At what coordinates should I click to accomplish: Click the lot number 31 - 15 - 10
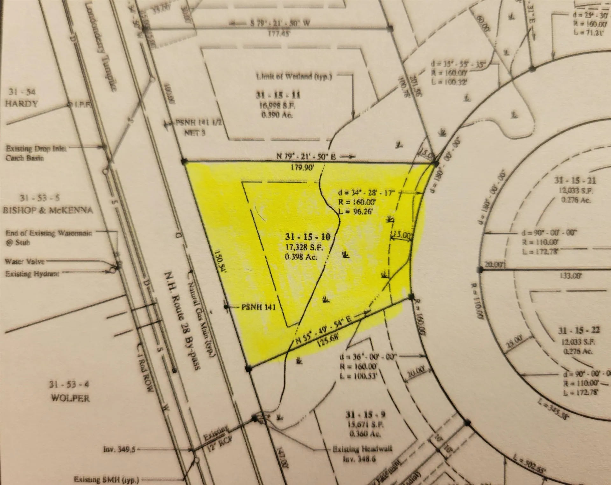[307, 237]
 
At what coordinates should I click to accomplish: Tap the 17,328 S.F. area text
[305, 247]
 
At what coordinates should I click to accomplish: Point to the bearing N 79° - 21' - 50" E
[306, 156]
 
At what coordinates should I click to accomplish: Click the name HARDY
[21, 104]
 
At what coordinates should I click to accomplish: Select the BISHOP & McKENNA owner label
[48, 210]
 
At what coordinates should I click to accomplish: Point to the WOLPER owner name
[70, 398]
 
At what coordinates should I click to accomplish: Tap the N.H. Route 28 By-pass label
[182, 320]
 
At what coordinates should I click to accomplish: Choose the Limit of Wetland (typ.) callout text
[294, 77]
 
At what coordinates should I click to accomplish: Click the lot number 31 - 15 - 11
[278, 95]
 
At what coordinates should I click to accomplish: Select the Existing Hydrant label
[32, 274]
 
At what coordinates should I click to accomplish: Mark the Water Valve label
[25, 262]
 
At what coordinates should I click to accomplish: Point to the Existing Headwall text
[362, 449]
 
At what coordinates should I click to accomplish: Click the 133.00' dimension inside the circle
[570, 275]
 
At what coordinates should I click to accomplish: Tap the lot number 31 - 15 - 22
[579, 330]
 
